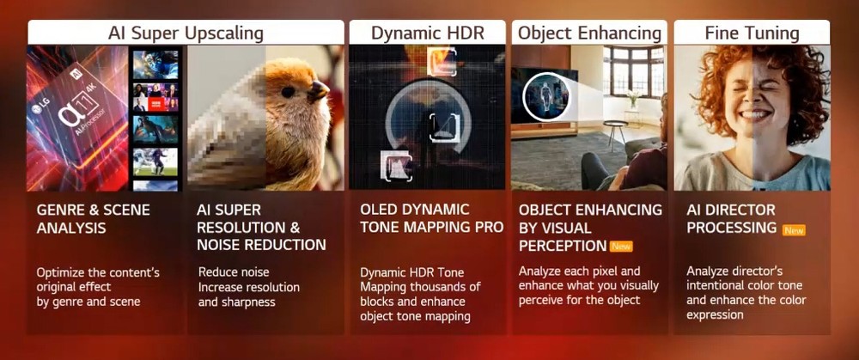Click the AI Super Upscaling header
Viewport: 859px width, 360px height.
point(186,33)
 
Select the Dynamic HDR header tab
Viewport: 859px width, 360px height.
point(427,33)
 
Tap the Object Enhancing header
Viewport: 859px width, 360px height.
point(589,33)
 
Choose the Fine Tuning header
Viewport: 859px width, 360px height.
point(752,33)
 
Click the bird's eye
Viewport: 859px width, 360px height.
point(288,91)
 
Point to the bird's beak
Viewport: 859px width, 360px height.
point(318,90)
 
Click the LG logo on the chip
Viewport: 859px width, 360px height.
point(37,110)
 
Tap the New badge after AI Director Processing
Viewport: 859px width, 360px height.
point(794,230)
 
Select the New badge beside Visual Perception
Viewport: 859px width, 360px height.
point(621,247)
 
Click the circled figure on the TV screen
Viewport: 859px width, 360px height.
point(545,96)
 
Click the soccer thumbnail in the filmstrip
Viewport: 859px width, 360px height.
point(155,162)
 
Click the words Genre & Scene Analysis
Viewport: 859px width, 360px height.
point(93,218)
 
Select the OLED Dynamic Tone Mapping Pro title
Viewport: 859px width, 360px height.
point(432,218)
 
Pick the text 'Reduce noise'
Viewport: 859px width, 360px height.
point(234,272)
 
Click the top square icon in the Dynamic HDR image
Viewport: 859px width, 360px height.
point(442,61)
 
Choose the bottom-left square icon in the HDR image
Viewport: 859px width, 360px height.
point(395,166)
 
